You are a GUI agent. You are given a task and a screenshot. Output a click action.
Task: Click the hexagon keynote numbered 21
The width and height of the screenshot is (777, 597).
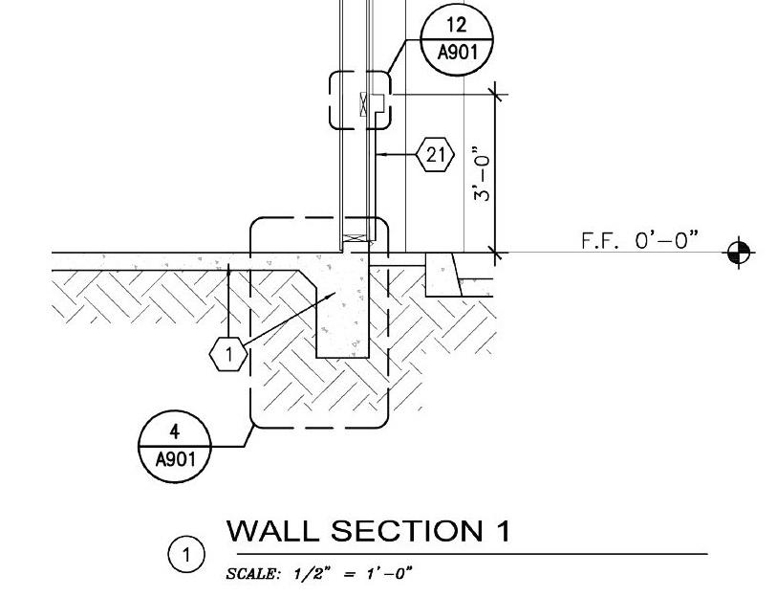(436, 154)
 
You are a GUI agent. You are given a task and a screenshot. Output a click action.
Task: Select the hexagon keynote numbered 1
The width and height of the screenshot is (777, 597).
(228, 355)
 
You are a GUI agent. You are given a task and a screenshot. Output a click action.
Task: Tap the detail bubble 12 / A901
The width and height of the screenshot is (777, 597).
(457, 38)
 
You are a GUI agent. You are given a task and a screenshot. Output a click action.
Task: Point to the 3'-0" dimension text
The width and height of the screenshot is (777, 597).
(482, 173)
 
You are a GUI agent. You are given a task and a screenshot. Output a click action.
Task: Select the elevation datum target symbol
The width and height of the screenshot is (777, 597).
(739, 254)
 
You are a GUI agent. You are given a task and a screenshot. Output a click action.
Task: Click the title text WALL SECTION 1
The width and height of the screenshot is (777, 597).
(368, 531)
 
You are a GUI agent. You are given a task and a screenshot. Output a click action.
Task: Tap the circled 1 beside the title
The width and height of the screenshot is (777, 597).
(187, 554)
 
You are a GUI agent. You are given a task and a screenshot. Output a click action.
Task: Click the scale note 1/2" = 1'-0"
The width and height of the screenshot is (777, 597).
(319, 573)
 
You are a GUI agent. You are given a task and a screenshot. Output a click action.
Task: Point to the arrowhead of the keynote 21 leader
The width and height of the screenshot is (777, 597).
(379, 153)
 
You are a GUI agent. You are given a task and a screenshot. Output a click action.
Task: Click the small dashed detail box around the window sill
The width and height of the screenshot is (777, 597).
(359, 99)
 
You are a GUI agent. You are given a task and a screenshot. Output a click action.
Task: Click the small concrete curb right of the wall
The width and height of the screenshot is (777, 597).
(443, 275)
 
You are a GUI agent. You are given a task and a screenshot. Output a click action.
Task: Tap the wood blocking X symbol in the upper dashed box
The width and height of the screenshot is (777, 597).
(364, 103)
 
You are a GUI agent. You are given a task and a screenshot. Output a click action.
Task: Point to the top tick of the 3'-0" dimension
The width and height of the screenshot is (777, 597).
(495, 94)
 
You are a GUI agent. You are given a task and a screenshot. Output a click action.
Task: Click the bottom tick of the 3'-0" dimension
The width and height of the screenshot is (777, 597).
(495, 253)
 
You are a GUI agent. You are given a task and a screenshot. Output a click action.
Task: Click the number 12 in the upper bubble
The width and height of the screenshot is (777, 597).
(457, 25)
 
